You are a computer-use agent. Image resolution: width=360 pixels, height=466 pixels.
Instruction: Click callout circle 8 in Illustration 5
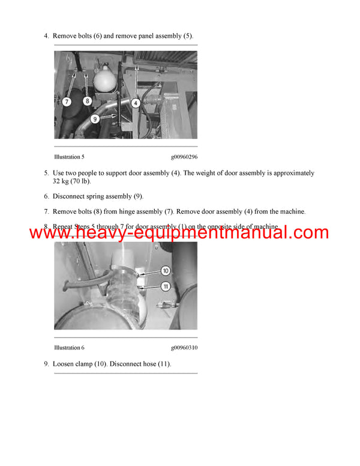pos(87,101)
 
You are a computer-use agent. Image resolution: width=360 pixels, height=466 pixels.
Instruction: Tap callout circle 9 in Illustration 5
pos(95,120)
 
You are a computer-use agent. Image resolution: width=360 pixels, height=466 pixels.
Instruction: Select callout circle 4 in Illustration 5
pos(136,103)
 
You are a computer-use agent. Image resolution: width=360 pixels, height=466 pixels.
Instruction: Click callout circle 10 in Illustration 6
pos(166,271)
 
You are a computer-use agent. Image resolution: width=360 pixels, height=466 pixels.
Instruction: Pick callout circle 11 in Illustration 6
pos(166,286)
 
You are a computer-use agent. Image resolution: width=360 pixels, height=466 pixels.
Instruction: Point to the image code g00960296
pos(184,157)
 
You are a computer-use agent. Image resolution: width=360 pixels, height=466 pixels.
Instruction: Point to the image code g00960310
pos(184,348)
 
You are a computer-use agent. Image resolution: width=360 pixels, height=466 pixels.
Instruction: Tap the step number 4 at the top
pos(46,36)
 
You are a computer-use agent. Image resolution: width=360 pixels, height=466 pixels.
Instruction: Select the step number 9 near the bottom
pos(46,364)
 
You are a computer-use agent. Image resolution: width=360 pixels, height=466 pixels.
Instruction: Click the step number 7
pos(46,211)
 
